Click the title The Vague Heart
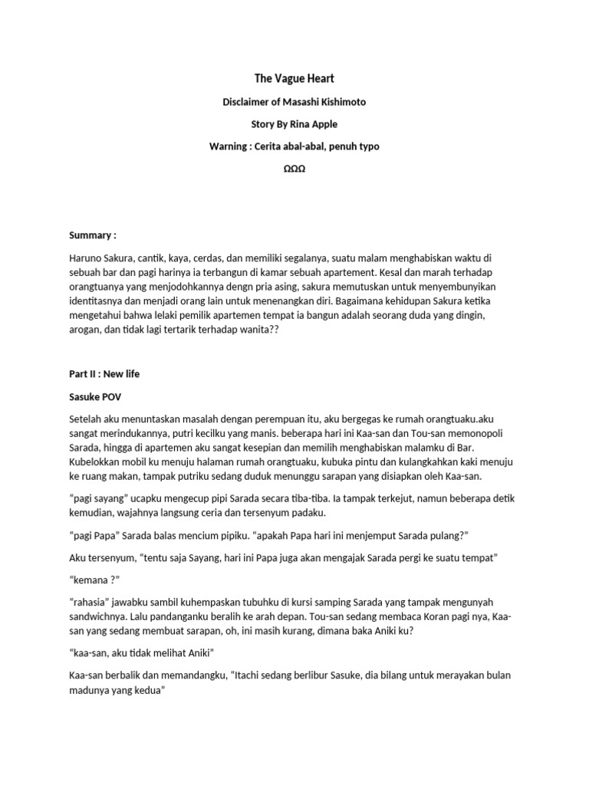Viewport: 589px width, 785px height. (x=294, y=78)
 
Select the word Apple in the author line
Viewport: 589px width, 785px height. (x=321, y=123)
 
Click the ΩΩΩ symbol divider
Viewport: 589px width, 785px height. (x=294, y=168)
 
